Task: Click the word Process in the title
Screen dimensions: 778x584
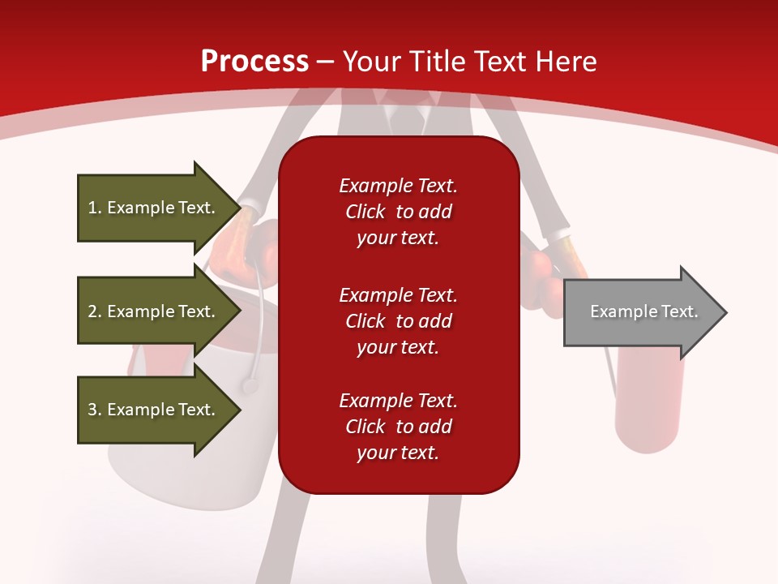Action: coord(254,61)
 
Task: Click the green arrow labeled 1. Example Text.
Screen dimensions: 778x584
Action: coord(160,208)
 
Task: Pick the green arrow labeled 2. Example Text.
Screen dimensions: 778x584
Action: coord(160,311)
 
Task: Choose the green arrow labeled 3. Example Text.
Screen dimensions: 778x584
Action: coord(160,409)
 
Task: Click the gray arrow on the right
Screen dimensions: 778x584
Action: coord(646,312)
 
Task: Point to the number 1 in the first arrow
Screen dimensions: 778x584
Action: coord(92,208)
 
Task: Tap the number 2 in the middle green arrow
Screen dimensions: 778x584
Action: coord(92,311)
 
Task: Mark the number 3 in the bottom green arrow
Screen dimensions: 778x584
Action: coord(92,409)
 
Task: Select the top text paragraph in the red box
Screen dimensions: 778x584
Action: coord(399,212)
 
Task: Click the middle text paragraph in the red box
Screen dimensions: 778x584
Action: coord(399,321)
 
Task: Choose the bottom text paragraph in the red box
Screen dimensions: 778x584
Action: coord(399,427)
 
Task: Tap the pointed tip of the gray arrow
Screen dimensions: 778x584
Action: coord(727,312)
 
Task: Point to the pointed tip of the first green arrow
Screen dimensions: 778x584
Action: coord(242,208)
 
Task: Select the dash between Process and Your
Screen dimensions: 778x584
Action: coord(325,63)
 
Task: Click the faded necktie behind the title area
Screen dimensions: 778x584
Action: coord(406,118)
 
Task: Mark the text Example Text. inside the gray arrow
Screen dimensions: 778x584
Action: coord(644,311)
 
